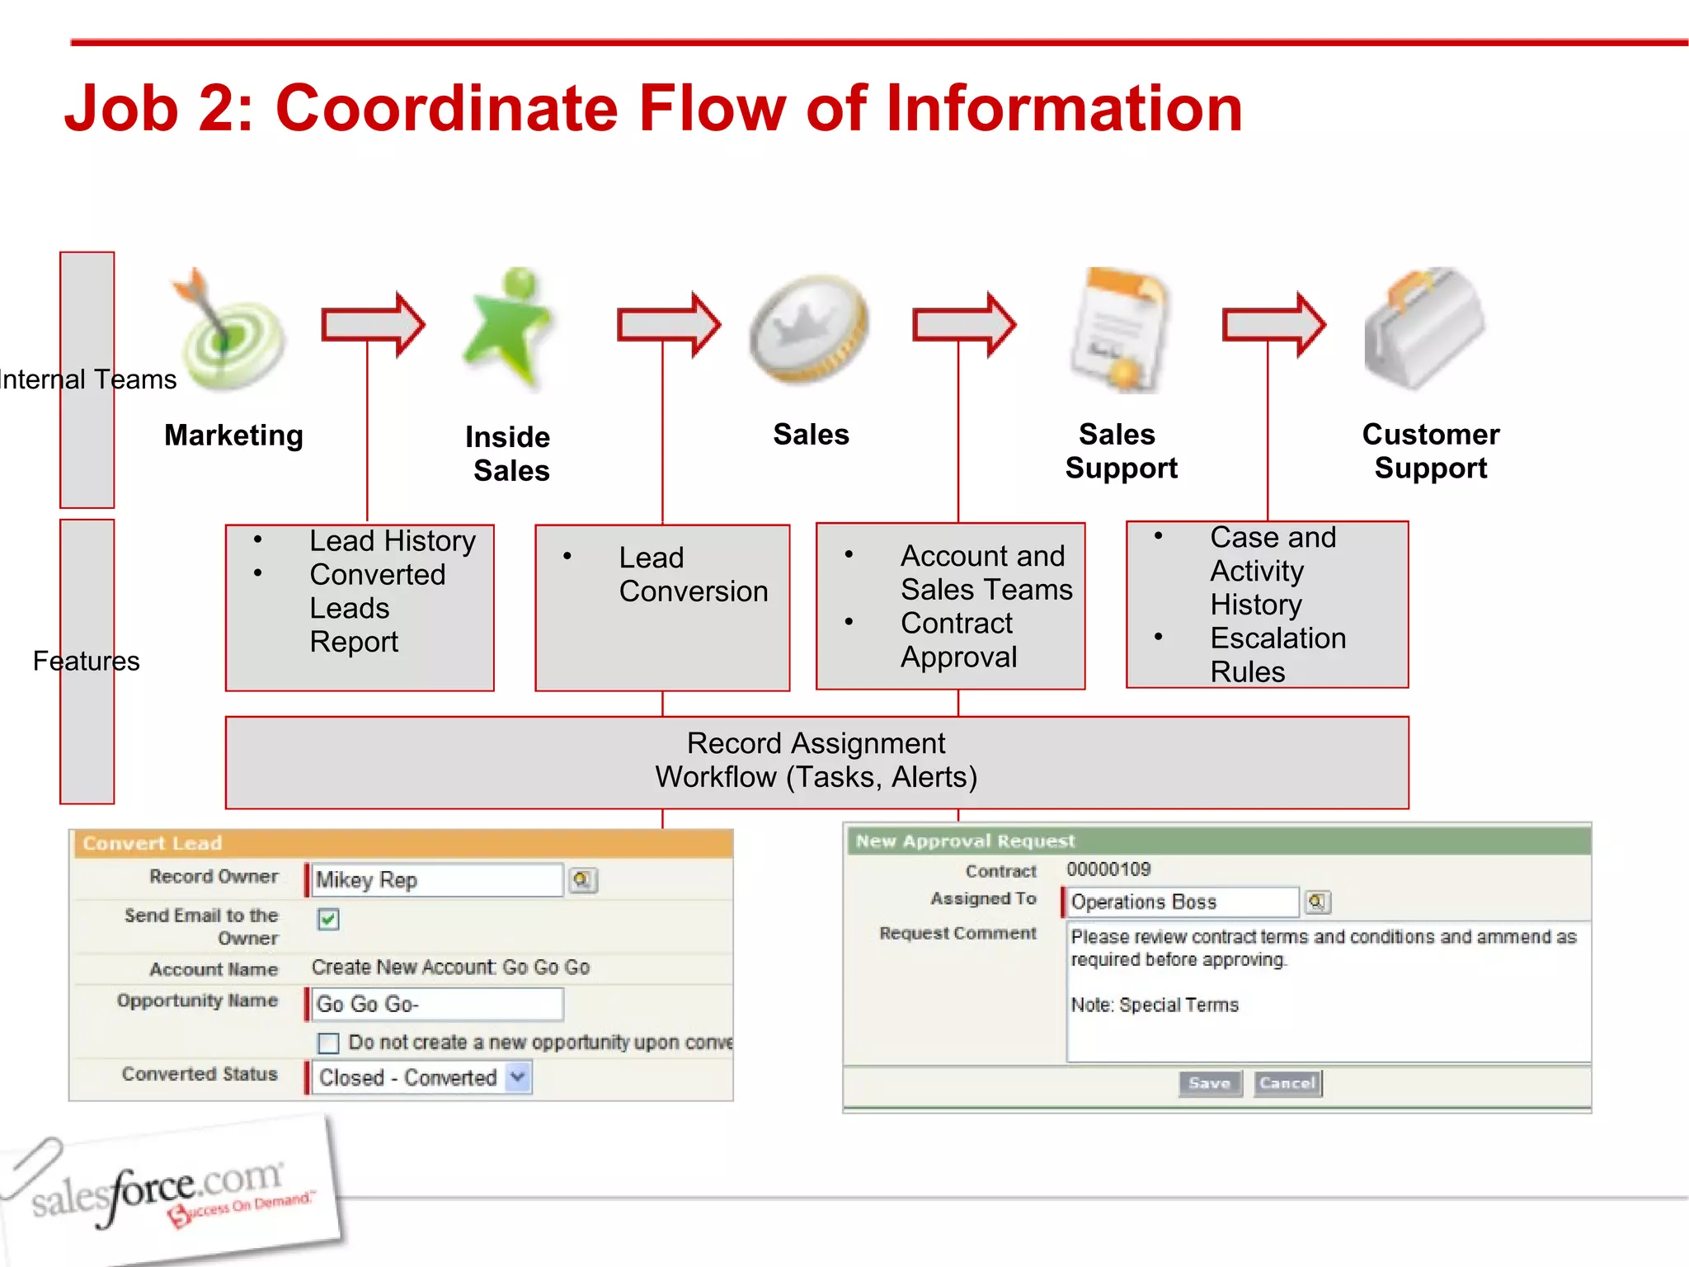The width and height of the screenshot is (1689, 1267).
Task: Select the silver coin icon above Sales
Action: (808, 328)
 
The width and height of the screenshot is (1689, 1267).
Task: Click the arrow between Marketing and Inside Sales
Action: (373, 324)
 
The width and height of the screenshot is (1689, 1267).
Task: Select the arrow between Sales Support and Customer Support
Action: (1273, 324)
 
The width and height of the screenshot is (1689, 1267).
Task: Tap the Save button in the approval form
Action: (1210, 1083)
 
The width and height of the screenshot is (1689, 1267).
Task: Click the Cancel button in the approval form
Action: (1287, 1083)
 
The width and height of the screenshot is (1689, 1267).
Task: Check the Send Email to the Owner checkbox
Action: (328, 919)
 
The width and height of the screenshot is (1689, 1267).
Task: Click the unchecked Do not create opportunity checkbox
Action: (328, 1043)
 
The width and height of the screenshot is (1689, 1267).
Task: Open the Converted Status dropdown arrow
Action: (518, 1076)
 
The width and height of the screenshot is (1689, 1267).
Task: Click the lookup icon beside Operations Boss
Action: (1317, 902)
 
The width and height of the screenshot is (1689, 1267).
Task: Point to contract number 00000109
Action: (1108, 869)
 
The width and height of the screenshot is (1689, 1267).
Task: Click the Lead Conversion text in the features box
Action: (693, 574)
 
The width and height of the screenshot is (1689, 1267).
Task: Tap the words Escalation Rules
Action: (1277, 655)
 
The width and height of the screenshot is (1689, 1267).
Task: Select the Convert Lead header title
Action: (153, 843)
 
